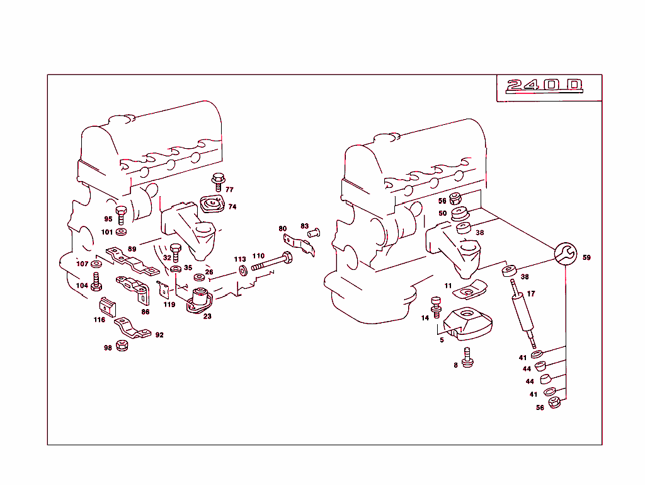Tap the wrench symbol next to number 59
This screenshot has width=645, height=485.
[565, 254]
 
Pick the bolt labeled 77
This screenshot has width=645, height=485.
[218, 182]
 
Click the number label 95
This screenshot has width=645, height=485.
[108, 219]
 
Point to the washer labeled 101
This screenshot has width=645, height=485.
[121, 231]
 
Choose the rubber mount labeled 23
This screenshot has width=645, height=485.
[199, 300]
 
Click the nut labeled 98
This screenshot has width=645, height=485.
[123, 346]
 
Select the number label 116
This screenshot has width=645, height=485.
[100, 320]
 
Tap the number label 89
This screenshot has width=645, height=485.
[132, 249]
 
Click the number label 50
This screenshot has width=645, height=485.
[443, 214]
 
